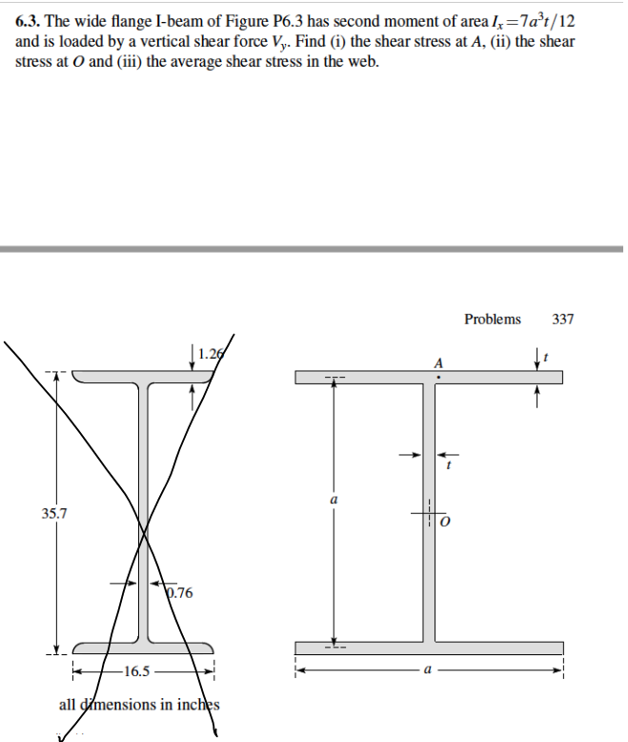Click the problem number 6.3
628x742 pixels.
pyautogui.click(x=30, y=20)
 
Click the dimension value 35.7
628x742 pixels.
pyautogui.click(x=54, y=514)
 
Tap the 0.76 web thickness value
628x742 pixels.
pyautogui.click(x=179, y=593)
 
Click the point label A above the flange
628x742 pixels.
pyautogui.click(x=438, y=362)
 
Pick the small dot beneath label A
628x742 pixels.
pyautogui.click(x=437, y=377)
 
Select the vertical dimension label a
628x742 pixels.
pyautogui.click(x=333, y=500)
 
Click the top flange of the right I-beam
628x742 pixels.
pyautogui.click(x=362, y=378)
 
